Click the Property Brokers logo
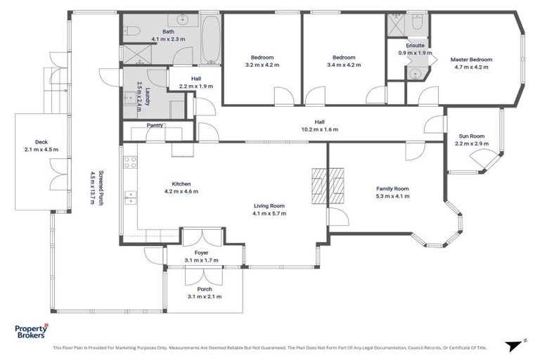click(x=32, y=331)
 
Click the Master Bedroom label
click(x=470, y=60)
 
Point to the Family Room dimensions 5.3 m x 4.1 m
click(x=392, y=196)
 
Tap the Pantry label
click(x=155, y=126)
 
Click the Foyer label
click(x=201, y=252)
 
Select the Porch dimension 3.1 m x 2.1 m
click(x=204, y=297)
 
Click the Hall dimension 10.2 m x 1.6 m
click(x=321, y=129)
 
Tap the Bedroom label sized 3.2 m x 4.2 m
click(x=262, y=65)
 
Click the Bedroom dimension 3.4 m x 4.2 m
click(x=344, y=65)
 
